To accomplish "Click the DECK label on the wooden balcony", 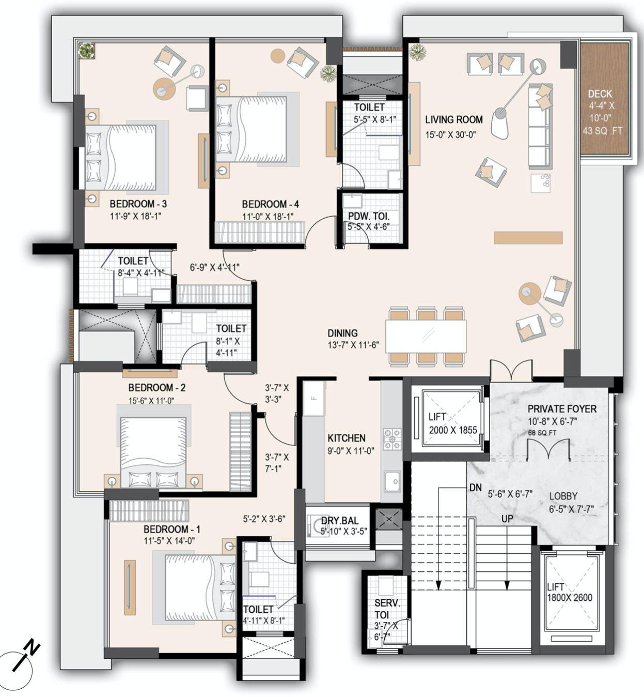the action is click(600, 94).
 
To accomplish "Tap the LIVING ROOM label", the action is click(453, 119).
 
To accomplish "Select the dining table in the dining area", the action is click(426, 336).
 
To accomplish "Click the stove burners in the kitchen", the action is click(392, 438).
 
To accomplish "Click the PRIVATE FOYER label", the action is click(562, 409).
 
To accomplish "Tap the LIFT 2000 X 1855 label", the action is click(452, 423).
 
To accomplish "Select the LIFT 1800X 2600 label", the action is click(570, 593).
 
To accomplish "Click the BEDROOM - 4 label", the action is click(270, 204).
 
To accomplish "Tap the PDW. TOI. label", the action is click(368, 216).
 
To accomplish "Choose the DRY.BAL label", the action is click(340, 521).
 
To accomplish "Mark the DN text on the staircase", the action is click(475, 488).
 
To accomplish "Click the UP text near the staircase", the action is click(507, 519).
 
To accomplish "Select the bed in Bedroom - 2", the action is click(153, 446).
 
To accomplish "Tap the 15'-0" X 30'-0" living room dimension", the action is click(450, 135).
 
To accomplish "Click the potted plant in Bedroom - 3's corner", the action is click(87, 51).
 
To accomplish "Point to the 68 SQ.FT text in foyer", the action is click(542, 433).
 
